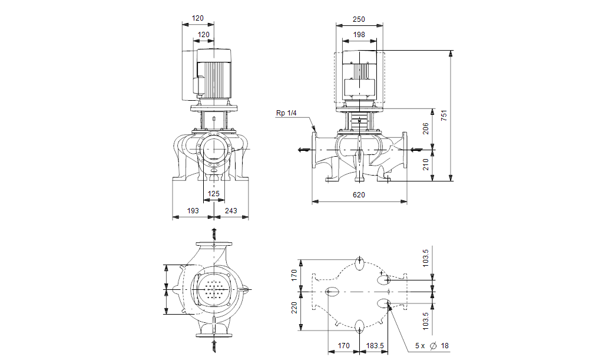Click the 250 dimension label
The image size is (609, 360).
(359, 19)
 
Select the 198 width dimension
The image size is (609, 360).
(359, 35)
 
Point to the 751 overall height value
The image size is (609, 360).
(444, 115)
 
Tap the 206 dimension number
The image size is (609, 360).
(426, 129)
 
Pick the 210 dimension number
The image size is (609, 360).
(426, 164)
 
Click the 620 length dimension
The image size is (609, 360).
(359, 195)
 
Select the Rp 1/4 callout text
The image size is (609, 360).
(286, 113)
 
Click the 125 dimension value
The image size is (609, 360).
(214, 193)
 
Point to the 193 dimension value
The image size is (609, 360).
(193, 211)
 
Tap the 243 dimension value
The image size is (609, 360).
(231, 211)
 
